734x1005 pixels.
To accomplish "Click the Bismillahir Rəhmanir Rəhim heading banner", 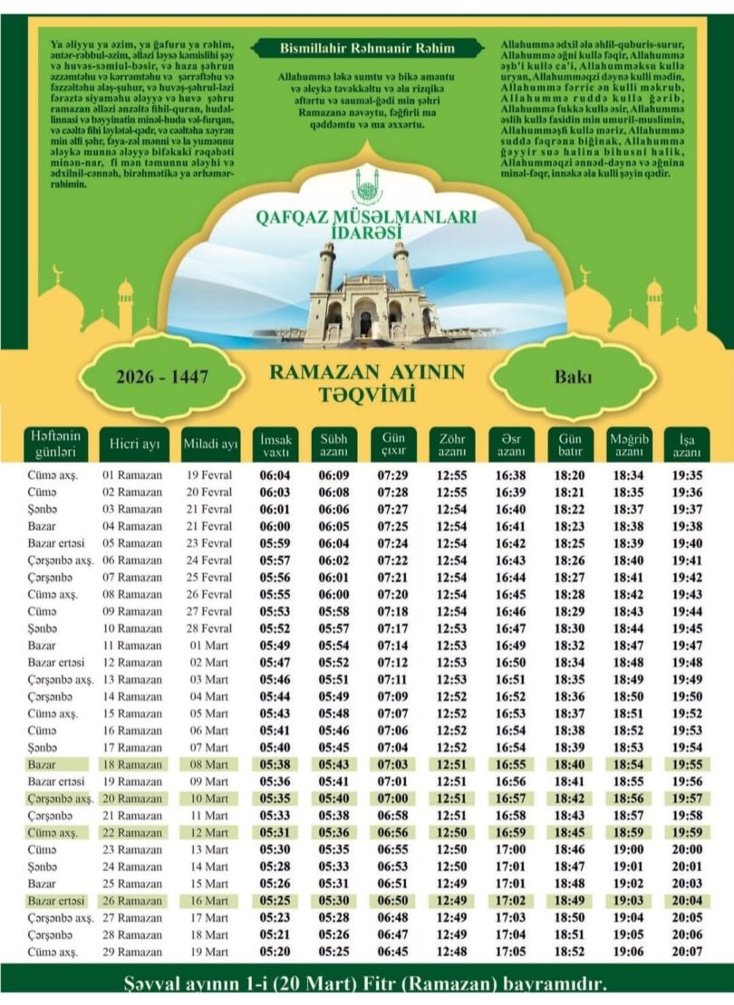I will pyautogui.click(x=366, y=47).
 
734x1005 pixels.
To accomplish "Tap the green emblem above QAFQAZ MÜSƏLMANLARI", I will pyautogui.click(x=366, y=187).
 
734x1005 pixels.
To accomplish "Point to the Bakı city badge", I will pyautogui.click(x=574, y=377).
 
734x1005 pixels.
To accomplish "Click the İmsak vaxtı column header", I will pyautogui.click(x=275, y=444).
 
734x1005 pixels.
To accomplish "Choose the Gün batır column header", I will pyautogui.click(x=568, y=444).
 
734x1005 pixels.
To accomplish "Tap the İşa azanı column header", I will pyautogui.click(x=686, y=444).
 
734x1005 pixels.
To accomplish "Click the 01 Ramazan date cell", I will pyautogui.click(x=132, y=475).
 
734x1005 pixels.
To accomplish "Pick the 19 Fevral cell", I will pyautogui.click(x=209, y=475).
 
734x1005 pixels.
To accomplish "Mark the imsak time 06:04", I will pyautogui.click(x=275, y=475).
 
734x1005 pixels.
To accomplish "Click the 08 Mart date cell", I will pyautogui.click(x=209, y=765).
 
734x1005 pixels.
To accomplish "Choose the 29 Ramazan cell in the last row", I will pyautogui.click(x=132, y=952).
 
